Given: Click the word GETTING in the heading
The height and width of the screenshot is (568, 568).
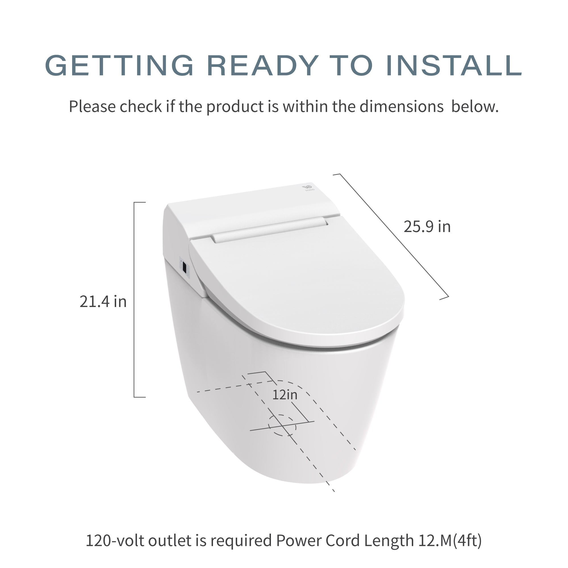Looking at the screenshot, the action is [x=119, y=65].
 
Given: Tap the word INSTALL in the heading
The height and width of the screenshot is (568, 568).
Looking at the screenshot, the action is [x=454, y=65].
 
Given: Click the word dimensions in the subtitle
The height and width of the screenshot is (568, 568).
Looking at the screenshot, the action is [x=402, y=106].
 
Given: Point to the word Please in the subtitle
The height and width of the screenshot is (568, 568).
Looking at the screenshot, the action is [x=92, y=106].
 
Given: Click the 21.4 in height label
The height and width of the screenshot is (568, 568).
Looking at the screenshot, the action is [x=103, y=302].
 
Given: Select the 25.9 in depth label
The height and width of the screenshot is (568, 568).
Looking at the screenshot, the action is [x=427, y=227].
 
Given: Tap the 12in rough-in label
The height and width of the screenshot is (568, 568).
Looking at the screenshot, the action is [x=285, y=394].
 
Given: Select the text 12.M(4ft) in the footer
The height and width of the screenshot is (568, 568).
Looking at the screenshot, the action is [x=452, y=540].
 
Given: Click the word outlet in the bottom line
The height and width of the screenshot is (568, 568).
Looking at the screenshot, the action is [x=170, y=540].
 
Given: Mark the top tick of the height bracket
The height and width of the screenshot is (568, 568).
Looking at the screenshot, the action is [x=140, y=202].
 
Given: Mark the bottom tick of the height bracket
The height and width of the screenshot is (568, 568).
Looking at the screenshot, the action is [x=140, y=397].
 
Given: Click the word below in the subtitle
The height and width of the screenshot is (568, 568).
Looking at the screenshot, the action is [x=475, y=106].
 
